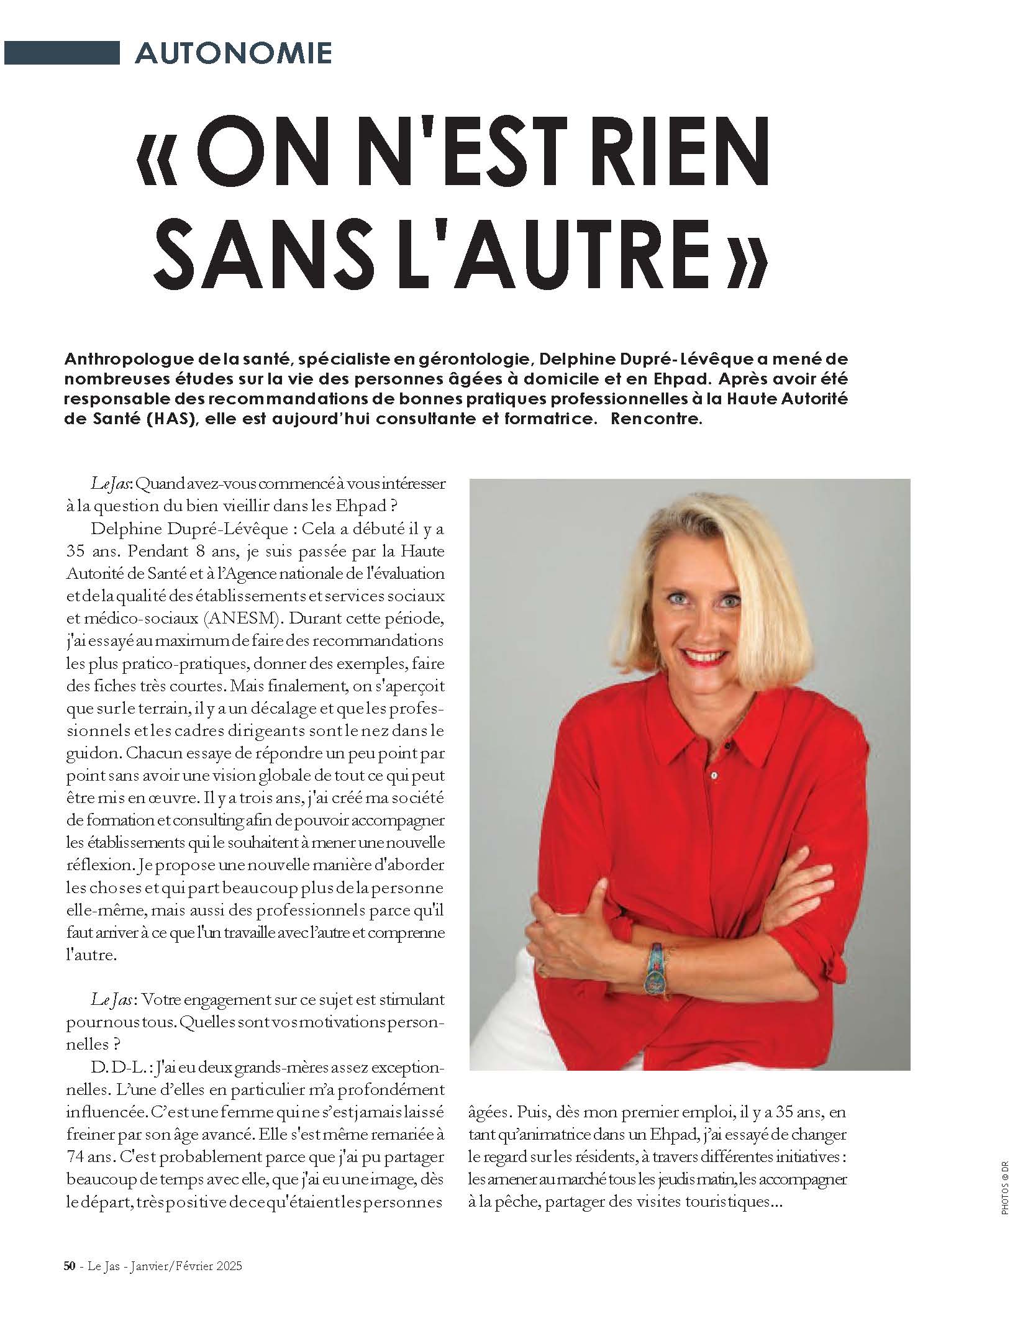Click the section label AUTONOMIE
233,53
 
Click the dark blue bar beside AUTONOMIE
60,52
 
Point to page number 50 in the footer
70,1266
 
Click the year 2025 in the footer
228,1266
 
